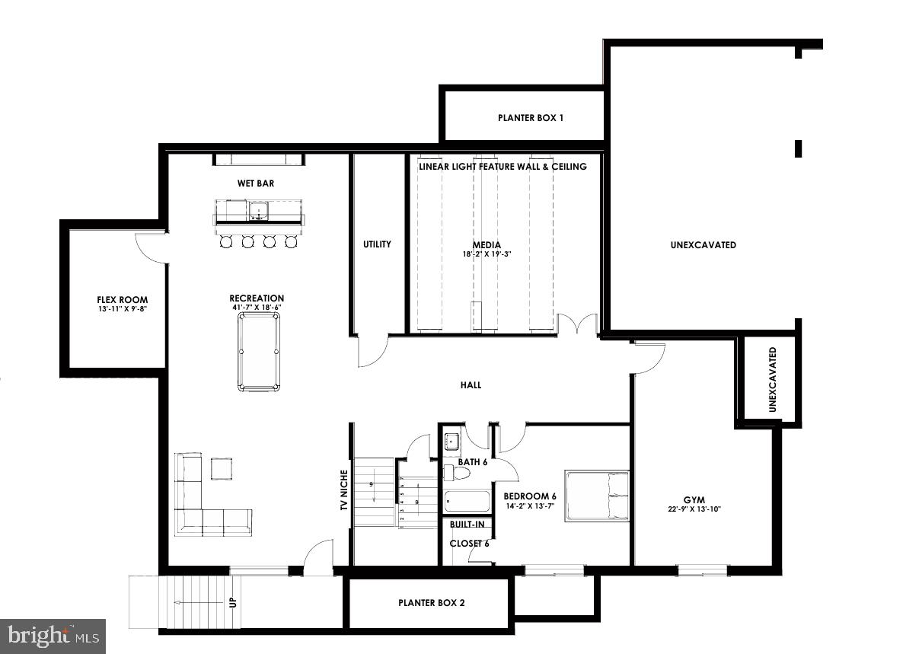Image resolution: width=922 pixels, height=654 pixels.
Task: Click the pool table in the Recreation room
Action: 258,352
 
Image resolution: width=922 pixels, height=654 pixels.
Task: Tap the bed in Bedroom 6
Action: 597,496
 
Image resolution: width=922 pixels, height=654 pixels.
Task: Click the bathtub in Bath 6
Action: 467,502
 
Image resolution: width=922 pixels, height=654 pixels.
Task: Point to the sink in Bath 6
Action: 451,440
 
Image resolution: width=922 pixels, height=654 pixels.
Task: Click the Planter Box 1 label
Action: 531,118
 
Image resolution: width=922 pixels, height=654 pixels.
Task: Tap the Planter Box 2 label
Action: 431,602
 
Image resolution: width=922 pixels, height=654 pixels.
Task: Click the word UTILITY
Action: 377,244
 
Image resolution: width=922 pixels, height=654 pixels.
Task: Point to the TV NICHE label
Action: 343,490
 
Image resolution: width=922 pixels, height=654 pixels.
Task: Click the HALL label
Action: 471,385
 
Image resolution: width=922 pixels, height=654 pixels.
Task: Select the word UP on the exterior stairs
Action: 233,601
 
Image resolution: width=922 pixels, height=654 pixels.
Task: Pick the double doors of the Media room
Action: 576,324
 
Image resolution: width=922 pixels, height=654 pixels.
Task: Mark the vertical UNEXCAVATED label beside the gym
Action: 772,380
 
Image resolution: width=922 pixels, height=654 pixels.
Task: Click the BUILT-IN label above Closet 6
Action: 467,525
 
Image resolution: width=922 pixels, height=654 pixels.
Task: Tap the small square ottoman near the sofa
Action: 222,468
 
